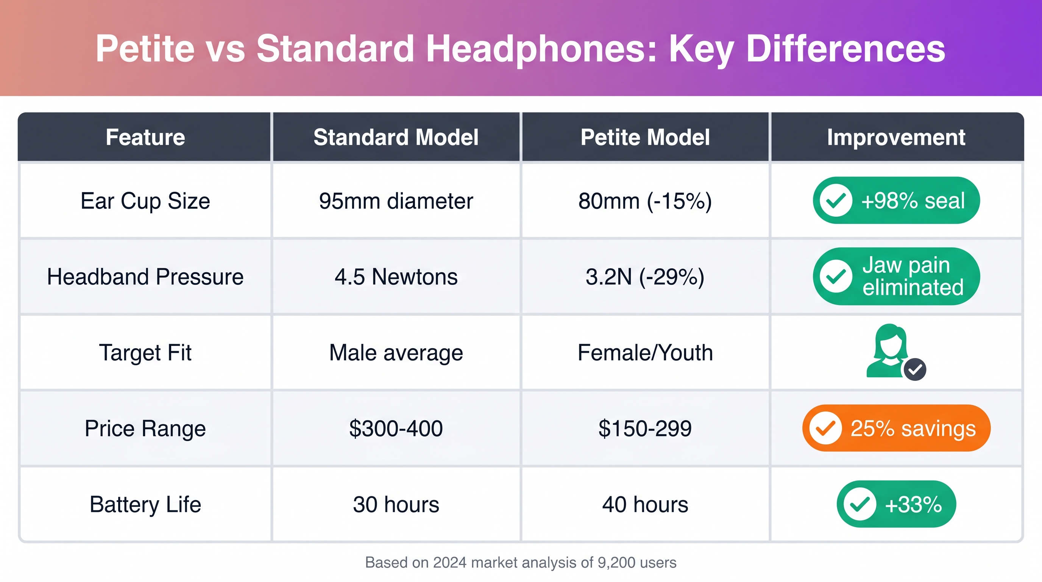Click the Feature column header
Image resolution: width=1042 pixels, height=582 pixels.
pyautogui.click(x=145, y=137)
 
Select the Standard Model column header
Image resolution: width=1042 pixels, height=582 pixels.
pyautogui.click(x=396, y=137)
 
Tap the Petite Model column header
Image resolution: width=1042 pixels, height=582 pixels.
pyautogui.click(x=645, y=137)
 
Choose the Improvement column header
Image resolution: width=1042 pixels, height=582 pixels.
pyautogui.click(x=896, y=138)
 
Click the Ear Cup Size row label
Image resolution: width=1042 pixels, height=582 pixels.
pyautogui.click(x=145, y=201)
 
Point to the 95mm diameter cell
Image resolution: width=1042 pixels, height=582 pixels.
pyautogui.click(x=396, y=201)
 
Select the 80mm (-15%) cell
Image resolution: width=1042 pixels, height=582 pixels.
pyautogui.click(x=645, y=201)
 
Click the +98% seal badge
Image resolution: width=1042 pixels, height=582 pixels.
pyautogui.click(x=896, y=200)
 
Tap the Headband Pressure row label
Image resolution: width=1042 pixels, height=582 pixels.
pyautogui.click(x=145, y=277)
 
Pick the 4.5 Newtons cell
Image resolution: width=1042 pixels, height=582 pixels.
pyautogui.click(x=396, y=277)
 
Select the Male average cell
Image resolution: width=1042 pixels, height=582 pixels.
pyautogui.click(x=396, y=353)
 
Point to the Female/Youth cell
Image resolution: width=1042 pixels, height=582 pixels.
pyautogui.click(x=645, y=352)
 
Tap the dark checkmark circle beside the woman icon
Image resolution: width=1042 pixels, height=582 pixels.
pyautogui.click(x=915, y=369)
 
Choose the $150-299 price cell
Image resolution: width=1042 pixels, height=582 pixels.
pyautogui.click(x=645, y=429)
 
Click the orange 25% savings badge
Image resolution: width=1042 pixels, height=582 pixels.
pyautogui.click(x=896, y=428)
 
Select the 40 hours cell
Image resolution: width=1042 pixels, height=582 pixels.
pyautogui.click(x=645, y=505)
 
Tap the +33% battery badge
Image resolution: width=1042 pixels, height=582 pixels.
pyautogui.click(x=896, y=504)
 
